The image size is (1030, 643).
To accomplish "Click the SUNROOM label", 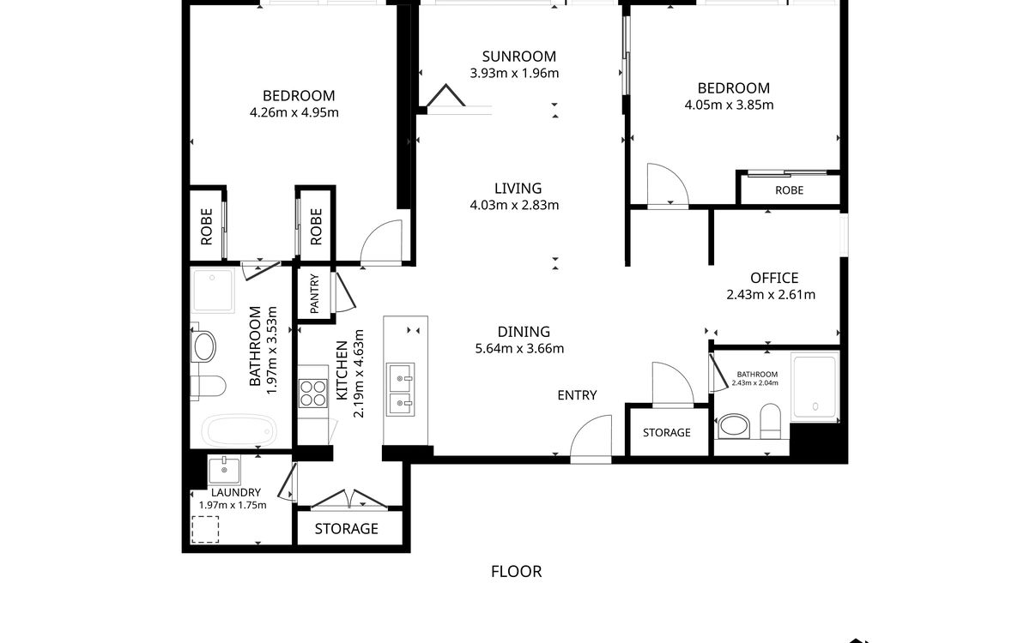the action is click(518, 57).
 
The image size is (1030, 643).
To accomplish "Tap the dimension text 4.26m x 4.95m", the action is click(294, 112).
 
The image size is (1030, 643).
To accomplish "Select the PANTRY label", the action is click(314, 294).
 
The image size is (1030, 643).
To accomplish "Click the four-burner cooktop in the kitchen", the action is click(313, 394).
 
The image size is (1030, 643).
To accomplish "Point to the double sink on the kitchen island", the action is click(400, 389).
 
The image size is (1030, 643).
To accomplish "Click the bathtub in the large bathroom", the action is click(239, 430).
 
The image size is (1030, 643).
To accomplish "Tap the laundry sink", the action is click(224, 470).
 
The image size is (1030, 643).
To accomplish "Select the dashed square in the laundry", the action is click(205, 530).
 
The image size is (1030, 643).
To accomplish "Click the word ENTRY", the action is click(577, 395).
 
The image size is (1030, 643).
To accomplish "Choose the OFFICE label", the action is click(774, 278).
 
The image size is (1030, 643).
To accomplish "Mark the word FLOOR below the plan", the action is click(517, 572).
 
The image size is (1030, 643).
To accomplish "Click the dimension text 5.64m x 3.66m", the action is click(519, 349).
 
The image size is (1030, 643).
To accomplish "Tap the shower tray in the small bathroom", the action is click(815, 386).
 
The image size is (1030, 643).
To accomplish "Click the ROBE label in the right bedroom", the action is click(790, 190).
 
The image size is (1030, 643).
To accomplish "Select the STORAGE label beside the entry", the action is click(667, 433).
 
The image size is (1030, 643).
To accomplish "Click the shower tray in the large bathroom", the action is click(213, 291).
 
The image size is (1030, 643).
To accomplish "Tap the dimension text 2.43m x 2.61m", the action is click(771, 295).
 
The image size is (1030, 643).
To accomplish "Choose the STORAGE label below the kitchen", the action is click(347, 529).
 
